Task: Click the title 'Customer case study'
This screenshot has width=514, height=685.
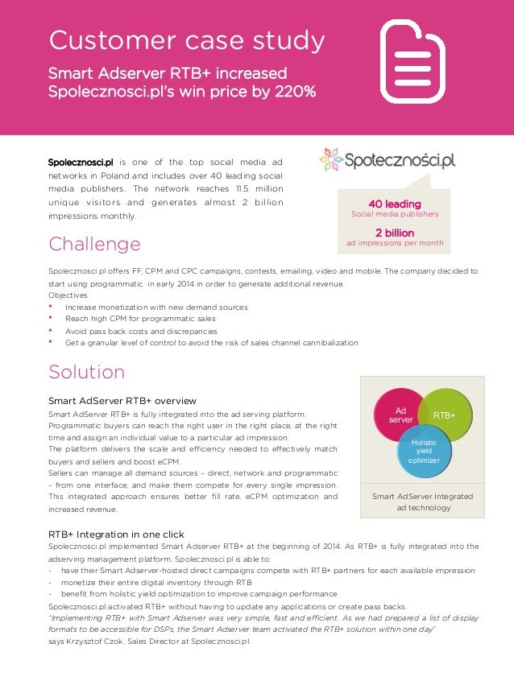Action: pyautogui.click(x=187, y=39)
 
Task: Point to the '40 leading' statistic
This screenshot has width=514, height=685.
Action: pyautogui.click(x=394, y=204)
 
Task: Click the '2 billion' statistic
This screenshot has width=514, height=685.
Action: pyautogui.click(x=394, y=233)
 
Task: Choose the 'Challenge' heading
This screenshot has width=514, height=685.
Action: pyautogui.click(x=94, y=244)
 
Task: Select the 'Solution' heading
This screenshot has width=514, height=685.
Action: pyautogui.click(x=86, y=372)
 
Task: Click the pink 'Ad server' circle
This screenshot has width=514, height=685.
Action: pyautogui.click(x=401, y=415)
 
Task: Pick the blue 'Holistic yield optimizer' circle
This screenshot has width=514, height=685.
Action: pyautogui.click(x=424, y=450)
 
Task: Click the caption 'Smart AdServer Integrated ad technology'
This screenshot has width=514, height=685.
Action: pyautogui.click(x=422, y=501)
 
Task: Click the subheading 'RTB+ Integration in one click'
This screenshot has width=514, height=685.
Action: pyautogui.click(x=116, y=534)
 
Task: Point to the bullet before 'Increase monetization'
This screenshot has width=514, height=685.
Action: pyautogui.click(x=52, y=306)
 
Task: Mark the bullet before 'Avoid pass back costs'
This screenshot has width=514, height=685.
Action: pyautogui.click(x=52, y=330)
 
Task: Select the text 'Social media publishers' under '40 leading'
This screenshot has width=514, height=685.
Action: pyautogui.click(x=394, y=215)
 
